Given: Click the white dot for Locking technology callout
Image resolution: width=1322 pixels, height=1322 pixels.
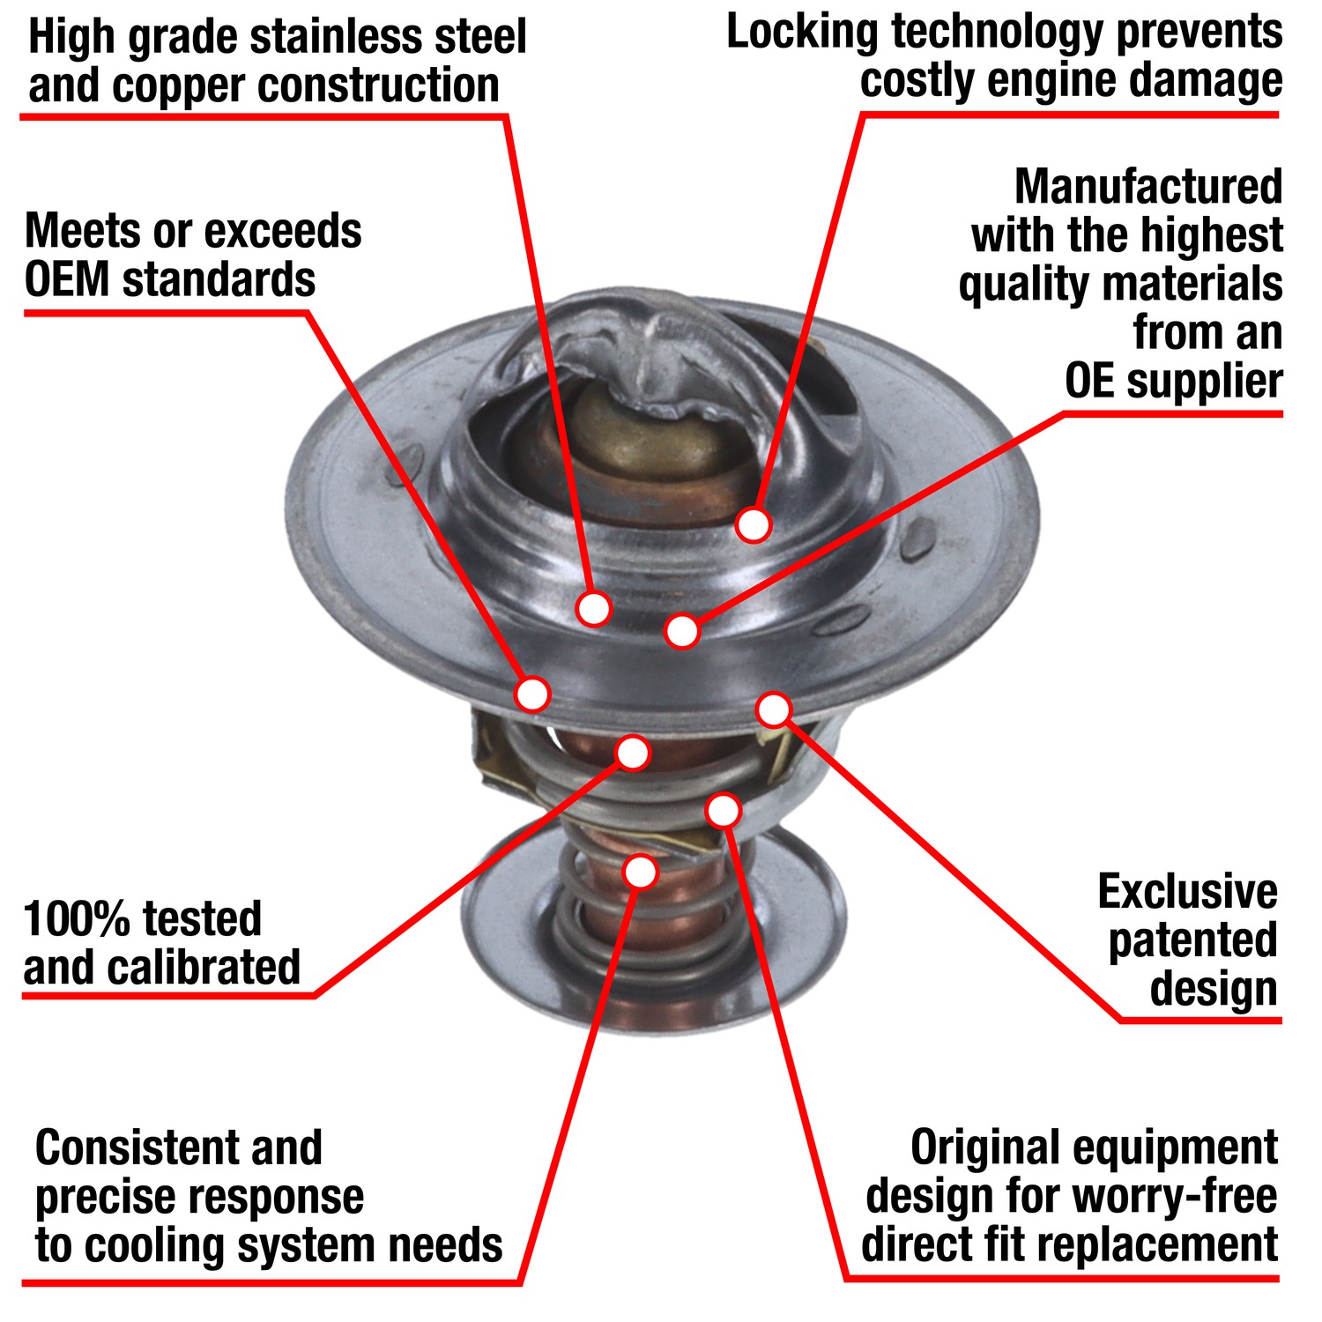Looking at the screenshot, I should point(754,524).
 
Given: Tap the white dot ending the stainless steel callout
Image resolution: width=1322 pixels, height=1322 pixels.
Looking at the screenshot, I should point(593,608).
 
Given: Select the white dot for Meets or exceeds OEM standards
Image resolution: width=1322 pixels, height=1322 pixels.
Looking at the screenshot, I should point(532,694).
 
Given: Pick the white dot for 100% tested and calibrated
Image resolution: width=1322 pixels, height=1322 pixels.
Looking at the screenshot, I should point(633,753).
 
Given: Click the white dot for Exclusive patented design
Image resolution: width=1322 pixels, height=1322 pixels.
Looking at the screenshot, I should point(774,709).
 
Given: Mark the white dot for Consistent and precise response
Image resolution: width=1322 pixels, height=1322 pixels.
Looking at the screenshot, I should point(641,872).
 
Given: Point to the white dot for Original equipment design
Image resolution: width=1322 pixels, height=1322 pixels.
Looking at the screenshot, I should point(723,810).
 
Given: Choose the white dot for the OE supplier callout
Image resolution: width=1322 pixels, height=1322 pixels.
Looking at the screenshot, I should point(682,631).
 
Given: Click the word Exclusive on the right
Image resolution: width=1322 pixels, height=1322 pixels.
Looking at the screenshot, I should point(1187,892).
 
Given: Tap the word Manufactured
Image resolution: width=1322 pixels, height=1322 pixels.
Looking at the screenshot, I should point(1147,186).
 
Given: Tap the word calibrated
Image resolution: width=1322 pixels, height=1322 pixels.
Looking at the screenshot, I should point(216,968).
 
